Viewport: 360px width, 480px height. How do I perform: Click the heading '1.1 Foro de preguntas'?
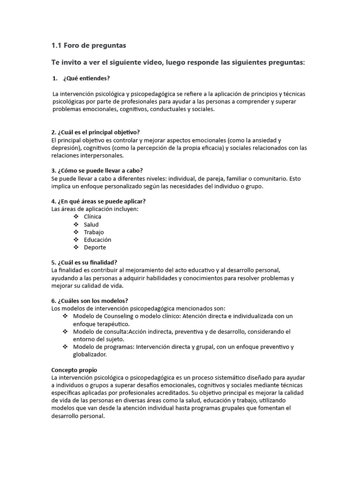click(x=88, y=45)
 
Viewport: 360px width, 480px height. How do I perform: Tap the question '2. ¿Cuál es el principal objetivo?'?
click(x=95, y=132)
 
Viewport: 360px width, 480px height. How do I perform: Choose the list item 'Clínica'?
click(x=92, y=217)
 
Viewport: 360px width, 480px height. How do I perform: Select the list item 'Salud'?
click(x=91, y=225)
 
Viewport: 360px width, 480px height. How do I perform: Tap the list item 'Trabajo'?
click(x=94, y=232)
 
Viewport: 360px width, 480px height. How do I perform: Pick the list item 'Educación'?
click(x=97, y=240)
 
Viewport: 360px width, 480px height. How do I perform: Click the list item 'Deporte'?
click(x=95, y=247)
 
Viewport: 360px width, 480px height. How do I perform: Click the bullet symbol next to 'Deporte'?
click(x=76, y=247)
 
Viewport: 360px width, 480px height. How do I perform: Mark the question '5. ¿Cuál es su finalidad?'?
click(x=84, y=262)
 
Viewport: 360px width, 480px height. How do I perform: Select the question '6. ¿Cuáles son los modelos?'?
click(x=89, y=300)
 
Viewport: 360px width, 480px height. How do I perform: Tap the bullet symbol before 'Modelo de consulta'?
click(x=65, y=331)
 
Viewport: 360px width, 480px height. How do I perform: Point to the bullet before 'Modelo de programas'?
click(x=65, y=347)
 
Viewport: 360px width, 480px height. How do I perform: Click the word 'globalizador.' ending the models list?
click(x=90, y=354)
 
